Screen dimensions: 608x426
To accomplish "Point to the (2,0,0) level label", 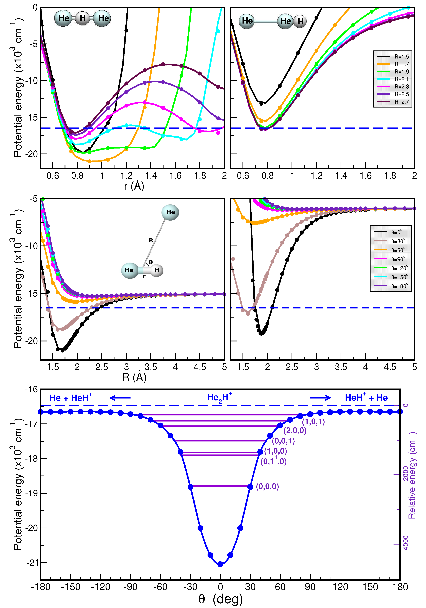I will tap(295, 431).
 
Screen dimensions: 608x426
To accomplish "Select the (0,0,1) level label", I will tap(283, 441).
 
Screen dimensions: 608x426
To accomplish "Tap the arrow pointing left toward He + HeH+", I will tap(120, 398).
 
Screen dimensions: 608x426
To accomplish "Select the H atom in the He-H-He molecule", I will tap(83, 18).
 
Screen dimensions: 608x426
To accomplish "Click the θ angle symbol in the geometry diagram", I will tap(151, 262).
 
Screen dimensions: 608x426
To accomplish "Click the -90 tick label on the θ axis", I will tap(130, 587).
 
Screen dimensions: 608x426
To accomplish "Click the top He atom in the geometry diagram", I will tap(170, 212).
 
